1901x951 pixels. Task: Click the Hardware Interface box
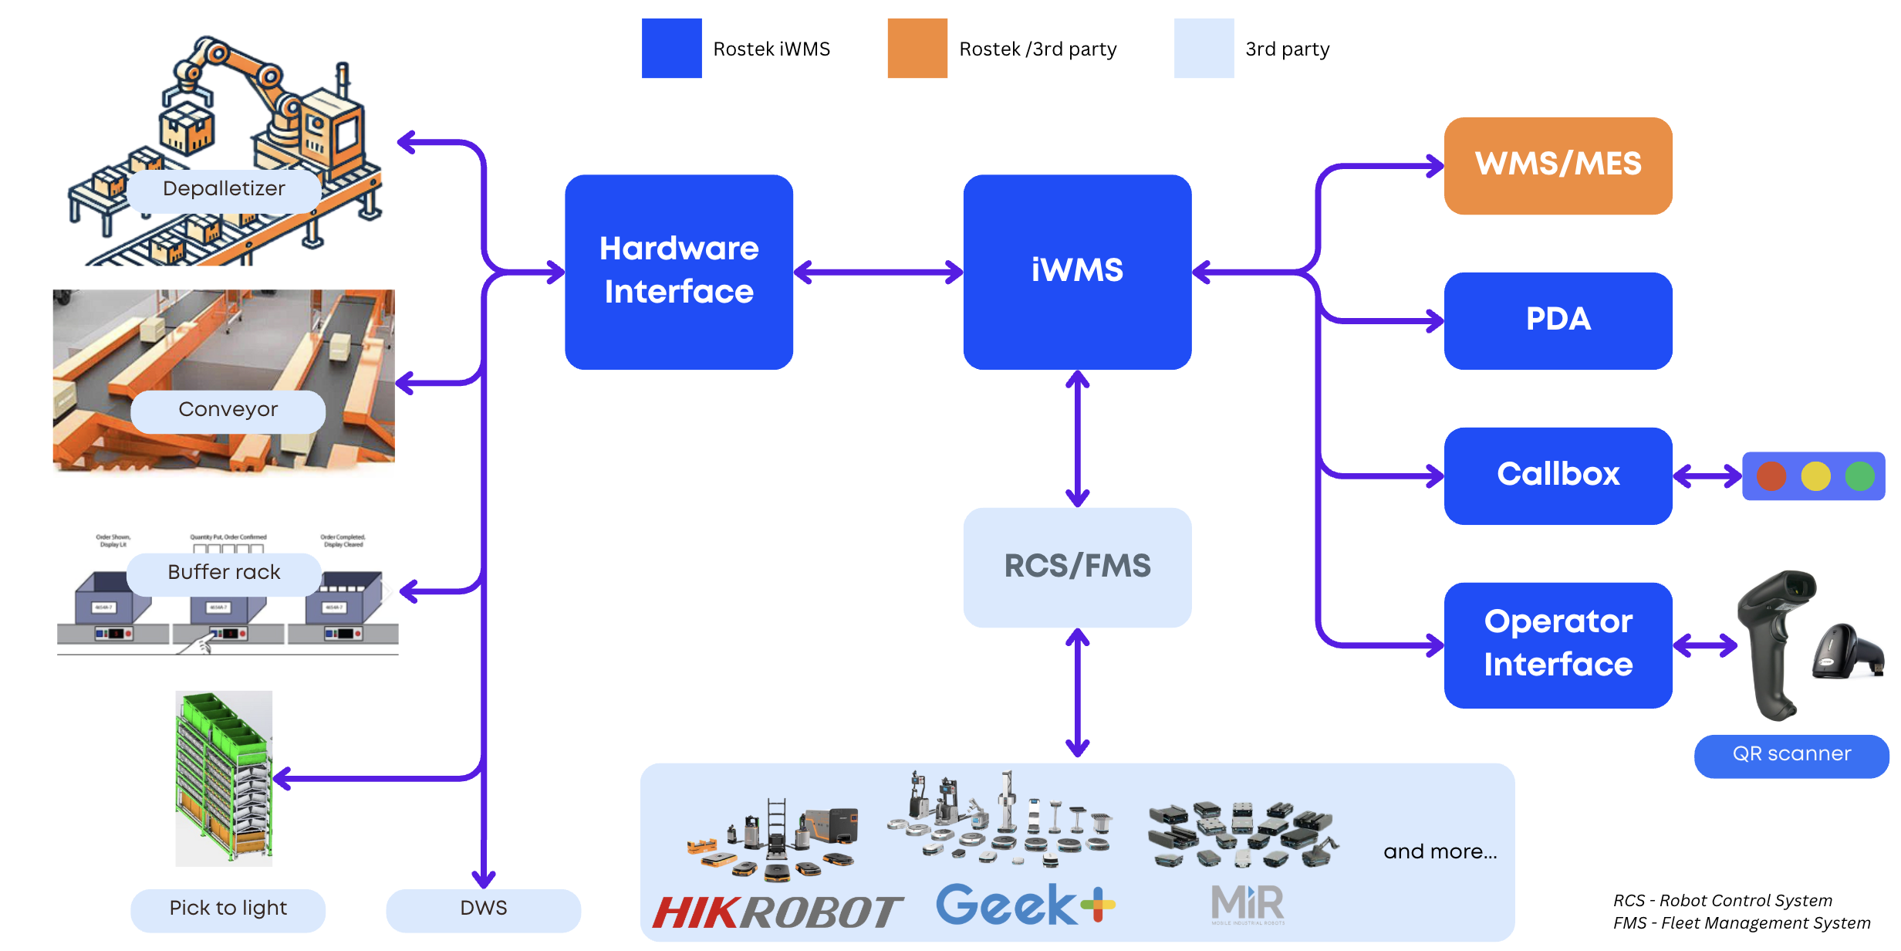679,272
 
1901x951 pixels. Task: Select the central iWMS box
1077,272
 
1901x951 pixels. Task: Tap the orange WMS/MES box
1558,165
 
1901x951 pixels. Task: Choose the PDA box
1558,320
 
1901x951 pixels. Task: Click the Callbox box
1558,475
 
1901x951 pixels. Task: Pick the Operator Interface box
1558,645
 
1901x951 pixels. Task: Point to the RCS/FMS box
1077,567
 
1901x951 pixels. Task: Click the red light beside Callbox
1771,476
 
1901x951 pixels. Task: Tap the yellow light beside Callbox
1815,476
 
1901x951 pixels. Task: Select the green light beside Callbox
1859,476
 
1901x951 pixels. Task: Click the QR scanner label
1791,755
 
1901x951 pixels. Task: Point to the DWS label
483,909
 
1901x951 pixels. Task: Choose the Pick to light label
228,909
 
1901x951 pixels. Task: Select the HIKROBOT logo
777,912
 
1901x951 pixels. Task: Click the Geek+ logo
1025,905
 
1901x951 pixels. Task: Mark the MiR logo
1248,904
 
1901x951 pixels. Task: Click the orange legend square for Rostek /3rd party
917,49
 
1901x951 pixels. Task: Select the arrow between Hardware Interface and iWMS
878,272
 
